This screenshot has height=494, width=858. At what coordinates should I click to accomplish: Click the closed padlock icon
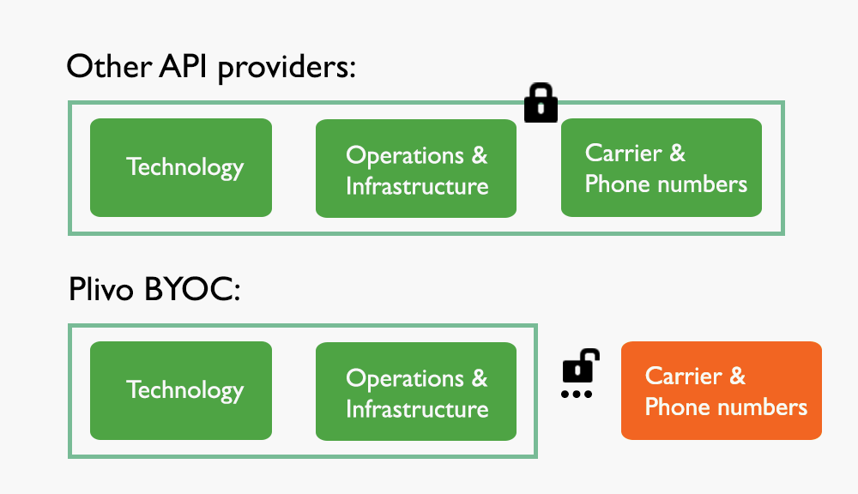(x=541, y=103)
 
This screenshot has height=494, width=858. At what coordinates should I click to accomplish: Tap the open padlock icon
(x=579, y=366)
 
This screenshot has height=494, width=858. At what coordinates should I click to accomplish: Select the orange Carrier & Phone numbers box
(x=721, y=390)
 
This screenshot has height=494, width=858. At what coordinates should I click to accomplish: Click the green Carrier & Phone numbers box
(x=661, y=167)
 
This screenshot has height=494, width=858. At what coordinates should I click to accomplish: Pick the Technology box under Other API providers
(x=181, y=167)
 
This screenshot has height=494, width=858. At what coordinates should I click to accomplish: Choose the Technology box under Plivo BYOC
(x=181, y=390)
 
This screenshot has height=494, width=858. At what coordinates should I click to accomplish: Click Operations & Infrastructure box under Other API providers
(x=416, y=168)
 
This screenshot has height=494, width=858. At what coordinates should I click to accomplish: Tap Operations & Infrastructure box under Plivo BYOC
(x=416, y=391)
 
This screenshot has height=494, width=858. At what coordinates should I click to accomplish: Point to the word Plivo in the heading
(x=101, y=290)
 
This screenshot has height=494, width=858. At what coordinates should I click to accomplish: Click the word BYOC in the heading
(x=188, y=290)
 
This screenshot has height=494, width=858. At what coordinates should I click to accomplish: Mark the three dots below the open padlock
(x=577, y=395)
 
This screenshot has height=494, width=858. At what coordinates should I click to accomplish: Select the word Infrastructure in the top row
(x=417, y=185)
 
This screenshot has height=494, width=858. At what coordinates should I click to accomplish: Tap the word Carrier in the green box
(x=623, y=153)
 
